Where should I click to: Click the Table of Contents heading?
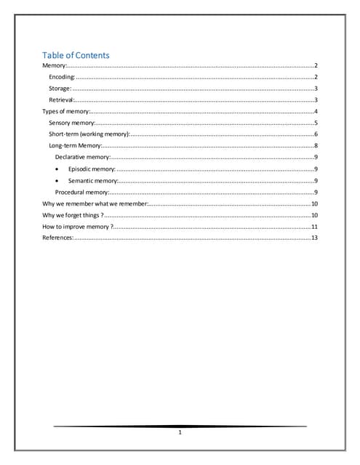pyautogui.click(x=76, y=55)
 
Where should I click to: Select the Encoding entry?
pyautogui.click(x=62, y=76)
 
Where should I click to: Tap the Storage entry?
pyautogui.click(x=60, y=88)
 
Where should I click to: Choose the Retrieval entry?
pyautogui.click(x=61, y=100)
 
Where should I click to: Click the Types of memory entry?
pyautogui.click(x=65, y=111)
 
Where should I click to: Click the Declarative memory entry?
pyautogui.click(x=83, y=157)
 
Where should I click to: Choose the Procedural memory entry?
pyautogui.click(x=82, y=192)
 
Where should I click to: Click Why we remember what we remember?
pyautogui.click(x=95, y=203)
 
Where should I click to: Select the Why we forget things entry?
pyautogui.click(x=73, y=215)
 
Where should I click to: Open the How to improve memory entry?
pyautogui.click(x=78, y=227)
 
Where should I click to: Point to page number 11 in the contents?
pyautogui.click(x=315, y=227)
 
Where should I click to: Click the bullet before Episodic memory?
pyautogui.click(x=57, y=169)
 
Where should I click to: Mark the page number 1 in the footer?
pyautogui.click(x=180, y=434)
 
